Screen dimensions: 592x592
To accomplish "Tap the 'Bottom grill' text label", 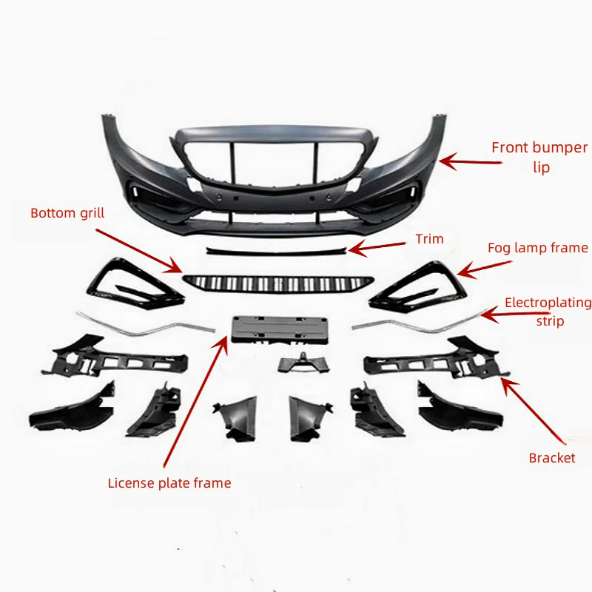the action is (x=67, y=214).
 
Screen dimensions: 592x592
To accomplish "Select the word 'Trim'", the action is (x=429, y=238).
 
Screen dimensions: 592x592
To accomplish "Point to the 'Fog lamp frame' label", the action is (x=537, y=248).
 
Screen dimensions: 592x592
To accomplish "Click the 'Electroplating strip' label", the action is (x=548, y=311).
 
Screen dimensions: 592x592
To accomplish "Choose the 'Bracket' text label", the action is (x=551, y=458).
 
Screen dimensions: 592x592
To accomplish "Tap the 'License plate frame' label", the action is (x=169, y=483).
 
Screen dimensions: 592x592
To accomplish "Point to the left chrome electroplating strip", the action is (x=144, y=323).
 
